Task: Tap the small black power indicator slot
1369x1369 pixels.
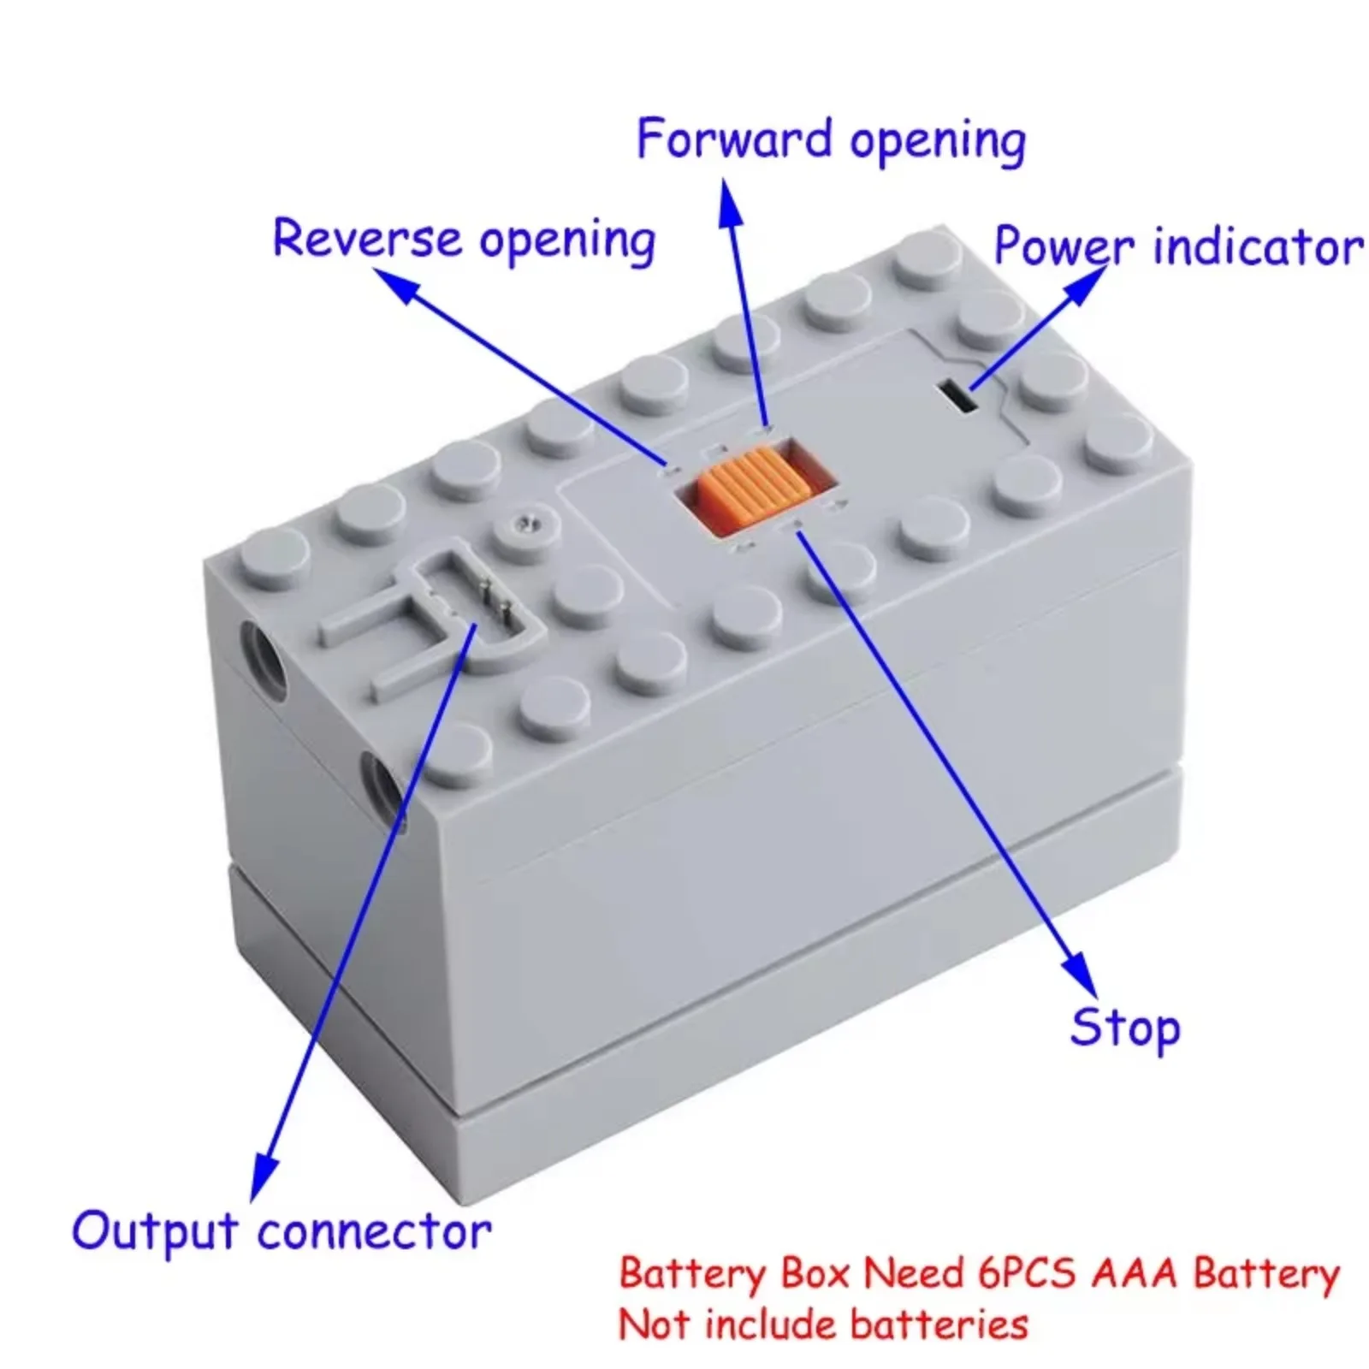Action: [957, 398]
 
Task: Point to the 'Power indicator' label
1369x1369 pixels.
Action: [1177, 246]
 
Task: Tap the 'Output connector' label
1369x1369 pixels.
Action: [282, 1231]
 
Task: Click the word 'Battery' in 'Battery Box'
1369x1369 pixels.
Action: [691, 1273]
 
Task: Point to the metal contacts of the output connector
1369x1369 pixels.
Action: [494, 599]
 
